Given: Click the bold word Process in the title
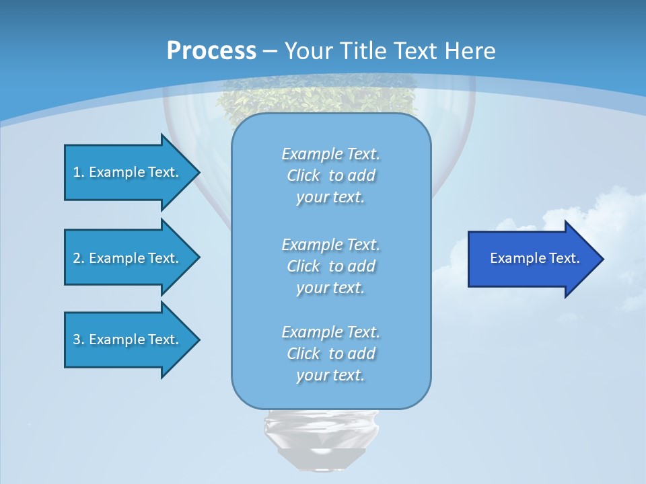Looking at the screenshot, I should tap(211, 50).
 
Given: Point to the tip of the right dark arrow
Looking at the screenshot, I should tap(601, 259).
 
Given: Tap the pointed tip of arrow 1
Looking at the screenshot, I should tap(197, 172).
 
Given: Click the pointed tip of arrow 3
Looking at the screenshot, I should tap(197, 339).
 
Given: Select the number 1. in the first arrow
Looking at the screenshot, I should tap(78, 172).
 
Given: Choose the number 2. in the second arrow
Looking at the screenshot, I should tap(78, 258).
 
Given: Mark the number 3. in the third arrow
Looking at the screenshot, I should tap(78, 339).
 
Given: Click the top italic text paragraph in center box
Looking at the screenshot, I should tap(330, 175).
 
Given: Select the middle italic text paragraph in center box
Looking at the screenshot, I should tap(330, 266).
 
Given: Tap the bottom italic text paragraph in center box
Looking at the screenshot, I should tap(330, 354).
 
